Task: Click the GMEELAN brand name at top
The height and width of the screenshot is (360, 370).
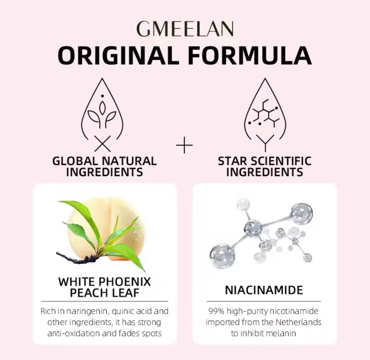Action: click(185, 29)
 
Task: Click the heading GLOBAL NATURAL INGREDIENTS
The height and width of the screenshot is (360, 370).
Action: click(104, 166)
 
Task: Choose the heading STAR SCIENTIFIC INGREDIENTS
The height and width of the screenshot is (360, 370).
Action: click(264, 166)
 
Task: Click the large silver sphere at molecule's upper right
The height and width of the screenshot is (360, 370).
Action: click(301, 213)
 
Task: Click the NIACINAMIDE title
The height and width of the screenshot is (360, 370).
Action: click(264, 290)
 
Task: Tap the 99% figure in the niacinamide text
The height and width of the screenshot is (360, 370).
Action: click(216, 312)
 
